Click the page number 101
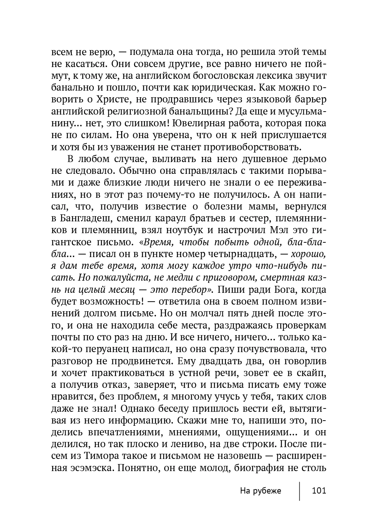(x=319, y=491)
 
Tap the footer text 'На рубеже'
(x=261, y=491)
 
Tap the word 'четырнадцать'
(x=242, y=255)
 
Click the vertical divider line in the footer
(x=299, y=491)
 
